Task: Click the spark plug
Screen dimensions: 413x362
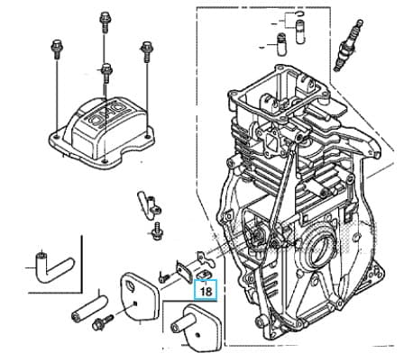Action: (348, 45)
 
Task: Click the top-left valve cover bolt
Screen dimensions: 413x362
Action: (56, 49)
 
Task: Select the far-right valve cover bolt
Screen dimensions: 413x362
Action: (146, 51)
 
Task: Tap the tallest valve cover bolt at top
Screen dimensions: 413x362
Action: (105, 22)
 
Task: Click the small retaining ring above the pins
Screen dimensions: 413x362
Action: (300, 13)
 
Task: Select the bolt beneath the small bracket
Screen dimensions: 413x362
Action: (156, 231)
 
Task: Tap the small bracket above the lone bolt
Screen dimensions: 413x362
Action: (150, 205)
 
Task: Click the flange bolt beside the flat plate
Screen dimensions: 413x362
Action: (103, 322)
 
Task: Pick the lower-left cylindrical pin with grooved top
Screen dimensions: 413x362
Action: (281, 44)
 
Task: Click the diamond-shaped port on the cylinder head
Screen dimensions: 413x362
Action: (272, 142)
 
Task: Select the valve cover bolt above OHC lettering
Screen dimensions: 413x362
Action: (106, 73)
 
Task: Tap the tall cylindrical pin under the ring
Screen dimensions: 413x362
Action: (300, 31)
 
